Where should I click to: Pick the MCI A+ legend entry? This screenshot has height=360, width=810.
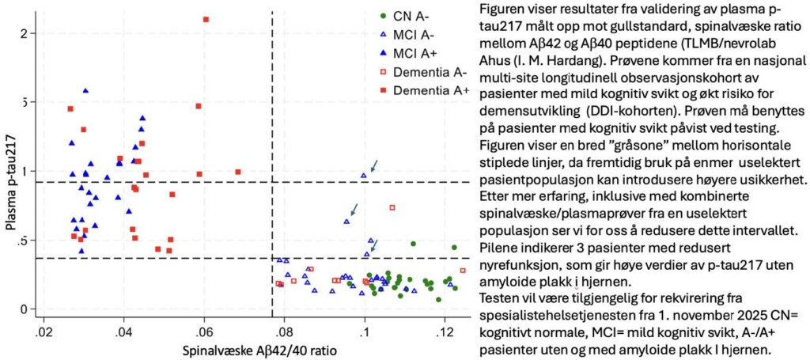pos(417,53)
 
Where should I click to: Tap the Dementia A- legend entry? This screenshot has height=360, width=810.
pos(428,72)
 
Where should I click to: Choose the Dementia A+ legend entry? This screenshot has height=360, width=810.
pos(428,91)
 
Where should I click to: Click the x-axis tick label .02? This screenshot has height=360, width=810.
pos(44,329)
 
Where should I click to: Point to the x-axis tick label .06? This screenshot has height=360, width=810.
pos(204,329)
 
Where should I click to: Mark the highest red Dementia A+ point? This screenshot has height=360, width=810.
pos(206,19)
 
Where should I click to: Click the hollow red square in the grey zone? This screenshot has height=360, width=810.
pos(392,208)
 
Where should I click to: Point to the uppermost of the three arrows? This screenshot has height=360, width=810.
pos(374,165)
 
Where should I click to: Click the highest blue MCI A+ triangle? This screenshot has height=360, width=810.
pos(85,91)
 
